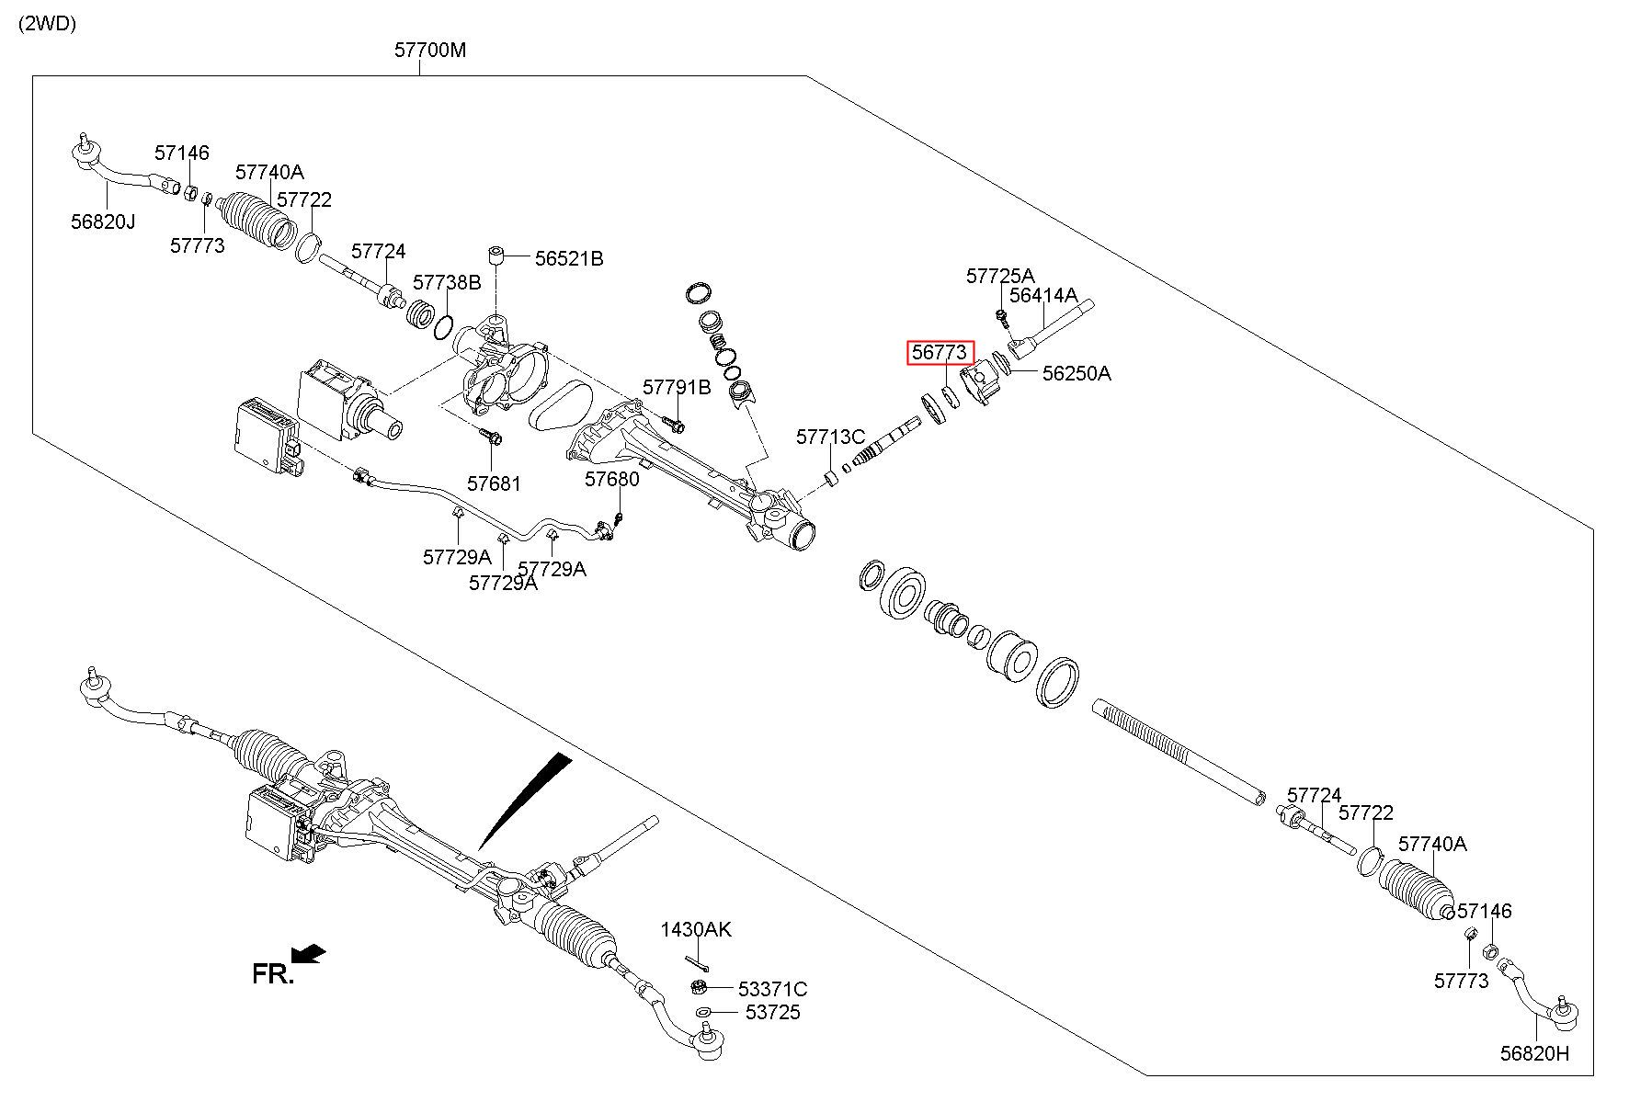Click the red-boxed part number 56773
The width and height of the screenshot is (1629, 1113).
pos(940,352)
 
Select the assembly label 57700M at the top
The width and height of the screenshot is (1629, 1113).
pos(430,50)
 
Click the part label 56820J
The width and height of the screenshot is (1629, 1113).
pos(103,221)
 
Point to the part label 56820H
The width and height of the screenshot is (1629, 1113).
pos(1535,1053)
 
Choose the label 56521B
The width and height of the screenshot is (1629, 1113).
pos(569,259)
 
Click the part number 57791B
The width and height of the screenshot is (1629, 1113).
pos(677,388)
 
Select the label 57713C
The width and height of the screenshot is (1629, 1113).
pos(831,437)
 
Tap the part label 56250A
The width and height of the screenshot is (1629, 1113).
pos(1077,373)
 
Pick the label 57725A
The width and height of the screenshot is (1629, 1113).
pos(1000,276)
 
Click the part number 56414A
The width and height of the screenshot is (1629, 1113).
pos(1043,295)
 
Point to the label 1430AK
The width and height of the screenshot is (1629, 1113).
pos(696,929)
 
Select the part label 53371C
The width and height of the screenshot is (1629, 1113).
pos(772,989)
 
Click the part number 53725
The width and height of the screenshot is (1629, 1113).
pos(772,1012)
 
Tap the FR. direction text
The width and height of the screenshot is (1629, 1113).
pos(273,974)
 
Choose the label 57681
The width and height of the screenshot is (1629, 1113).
pos(494,483)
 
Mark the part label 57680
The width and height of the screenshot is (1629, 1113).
pos(612,479)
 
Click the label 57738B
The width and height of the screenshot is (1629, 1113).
pos(447,282)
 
